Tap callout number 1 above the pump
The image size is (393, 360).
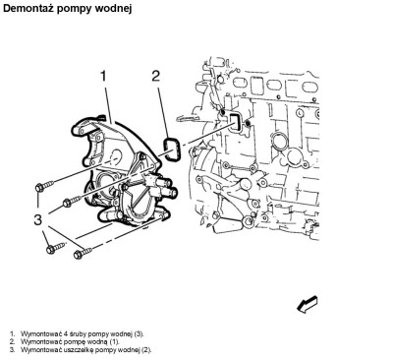coord(103,76)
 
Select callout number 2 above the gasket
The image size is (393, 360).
coord(155,76)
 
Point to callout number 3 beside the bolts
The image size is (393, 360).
coord(38,219)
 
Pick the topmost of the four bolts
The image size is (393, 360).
coord(44,186)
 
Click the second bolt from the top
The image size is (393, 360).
coord(73,201)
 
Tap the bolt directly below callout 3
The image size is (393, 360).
coord(56,248)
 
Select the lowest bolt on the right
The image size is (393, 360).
coord(83,253)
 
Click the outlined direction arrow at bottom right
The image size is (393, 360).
coord(308,304)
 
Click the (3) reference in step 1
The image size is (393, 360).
coord(139,334)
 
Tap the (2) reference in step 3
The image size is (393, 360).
coord(146,350)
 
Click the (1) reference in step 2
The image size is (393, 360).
coord(115,342)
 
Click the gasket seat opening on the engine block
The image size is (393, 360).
coord(235,123)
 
